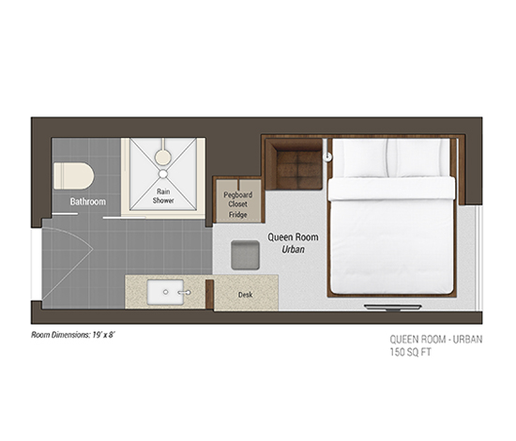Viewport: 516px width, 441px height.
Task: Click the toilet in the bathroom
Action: [x=74, y=175]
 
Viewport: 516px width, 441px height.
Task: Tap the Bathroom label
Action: [x=88, y=202]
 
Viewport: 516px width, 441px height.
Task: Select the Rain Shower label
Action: [x=163, y=196]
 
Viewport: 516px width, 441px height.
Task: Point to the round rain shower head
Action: [x=163, y=157]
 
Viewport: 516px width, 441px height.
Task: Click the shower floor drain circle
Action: [x=163, y=174]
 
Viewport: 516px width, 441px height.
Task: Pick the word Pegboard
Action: [x=238, y=195]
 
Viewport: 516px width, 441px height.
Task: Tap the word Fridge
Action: [x=238, y=215]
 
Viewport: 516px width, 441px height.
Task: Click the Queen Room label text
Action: [x=293, y=237]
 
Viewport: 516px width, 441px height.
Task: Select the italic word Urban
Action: [x=294, y=250]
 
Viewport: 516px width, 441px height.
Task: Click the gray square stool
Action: [x=245, y=255]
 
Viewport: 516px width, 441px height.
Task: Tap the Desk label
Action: [x=246, y=295]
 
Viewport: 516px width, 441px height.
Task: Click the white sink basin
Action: [x=165, y=292]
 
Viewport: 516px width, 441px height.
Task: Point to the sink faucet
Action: [x=185, y=292]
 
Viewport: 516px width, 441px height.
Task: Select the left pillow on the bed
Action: [x=364, y=158]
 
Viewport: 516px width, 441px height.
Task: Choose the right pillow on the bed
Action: [x=417, y=158]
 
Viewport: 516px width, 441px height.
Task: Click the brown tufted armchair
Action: [x=294, y=164]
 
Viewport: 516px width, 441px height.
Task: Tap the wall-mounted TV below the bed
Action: [x=392, y=308]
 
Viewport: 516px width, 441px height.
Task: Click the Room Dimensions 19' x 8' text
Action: [x=73, y=335]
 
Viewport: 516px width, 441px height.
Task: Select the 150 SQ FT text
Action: [x=410, y=352]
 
